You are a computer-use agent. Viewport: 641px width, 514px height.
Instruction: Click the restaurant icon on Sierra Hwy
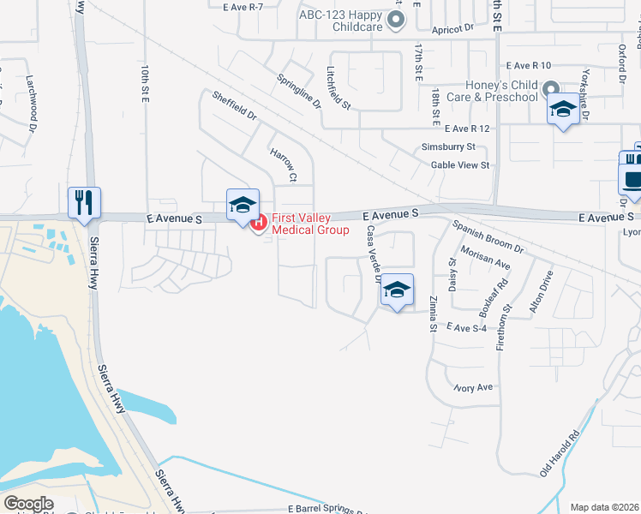85,203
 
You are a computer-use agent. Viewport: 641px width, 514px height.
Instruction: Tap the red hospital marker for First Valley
259,223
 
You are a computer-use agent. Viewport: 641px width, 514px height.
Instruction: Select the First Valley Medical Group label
309,224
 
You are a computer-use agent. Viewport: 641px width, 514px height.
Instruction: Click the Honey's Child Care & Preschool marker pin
552,90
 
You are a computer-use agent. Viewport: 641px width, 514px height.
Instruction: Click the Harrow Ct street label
283,165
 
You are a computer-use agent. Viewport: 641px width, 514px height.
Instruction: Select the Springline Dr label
298,91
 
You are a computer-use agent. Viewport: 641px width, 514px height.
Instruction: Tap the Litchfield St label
338,88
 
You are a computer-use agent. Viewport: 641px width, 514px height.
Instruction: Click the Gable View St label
460,164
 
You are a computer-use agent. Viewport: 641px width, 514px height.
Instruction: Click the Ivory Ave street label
474,388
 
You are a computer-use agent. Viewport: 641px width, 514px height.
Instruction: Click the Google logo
29,504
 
